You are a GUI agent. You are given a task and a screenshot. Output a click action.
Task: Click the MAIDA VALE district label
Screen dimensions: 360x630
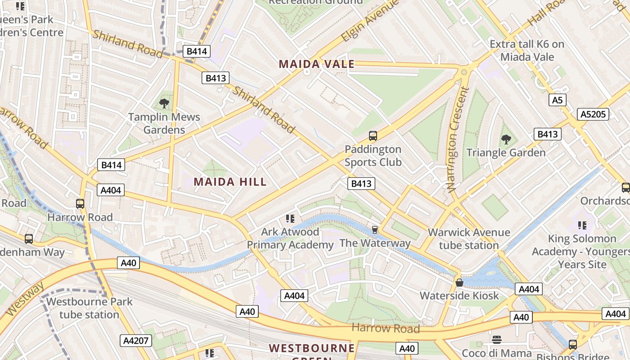click(316, 64)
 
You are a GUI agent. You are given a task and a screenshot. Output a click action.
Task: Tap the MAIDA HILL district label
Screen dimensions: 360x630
click(230, 182)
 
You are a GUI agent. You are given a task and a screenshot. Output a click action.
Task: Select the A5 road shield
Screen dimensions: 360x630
click(557, 100)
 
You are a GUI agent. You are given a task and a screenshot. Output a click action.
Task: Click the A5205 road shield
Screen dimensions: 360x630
click(593, 114)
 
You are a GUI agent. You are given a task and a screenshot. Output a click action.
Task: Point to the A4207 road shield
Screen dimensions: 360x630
click(135, 341)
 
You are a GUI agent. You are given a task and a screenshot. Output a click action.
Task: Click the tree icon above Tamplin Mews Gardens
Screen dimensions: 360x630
click(164, 103)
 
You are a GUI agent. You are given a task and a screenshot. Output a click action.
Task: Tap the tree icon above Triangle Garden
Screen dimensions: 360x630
click(506, 139)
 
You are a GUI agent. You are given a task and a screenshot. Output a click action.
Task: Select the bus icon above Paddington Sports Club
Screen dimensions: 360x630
click(373, 135)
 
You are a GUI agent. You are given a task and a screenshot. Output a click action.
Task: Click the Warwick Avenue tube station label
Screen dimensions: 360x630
click(469, 239)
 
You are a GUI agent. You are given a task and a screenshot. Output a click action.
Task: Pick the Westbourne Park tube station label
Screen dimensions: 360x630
click(89, 308)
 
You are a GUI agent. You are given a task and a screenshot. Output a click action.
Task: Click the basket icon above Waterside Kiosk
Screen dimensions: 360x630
click(459, 283)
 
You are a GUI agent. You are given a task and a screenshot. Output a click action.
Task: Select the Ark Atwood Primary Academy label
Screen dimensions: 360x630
click(290, 238)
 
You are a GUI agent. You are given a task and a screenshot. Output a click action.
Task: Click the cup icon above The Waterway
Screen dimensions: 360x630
click(374, 230)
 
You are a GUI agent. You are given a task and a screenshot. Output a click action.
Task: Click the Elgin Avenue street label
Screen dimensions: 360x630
click(370, 21)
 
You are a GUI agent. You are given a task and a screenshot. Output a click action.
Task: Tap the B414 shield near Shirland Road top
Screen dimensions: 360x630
click(196, 51)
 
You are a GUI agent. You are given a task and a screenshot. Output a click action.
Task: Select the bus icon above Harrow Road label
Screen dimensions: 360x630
click(80, 204)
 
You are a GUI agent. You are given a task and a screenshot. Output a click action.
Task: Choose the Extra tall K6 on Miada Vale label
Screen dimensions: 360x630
click(526, 50)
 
